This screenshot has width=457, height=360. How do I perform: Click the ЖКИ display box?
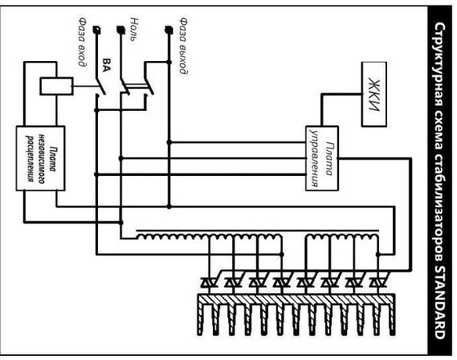(374, 94)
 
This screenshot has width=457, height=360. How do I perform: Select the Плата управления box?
(322, 158)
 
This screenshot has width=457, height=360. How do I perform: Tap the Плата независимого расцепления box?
(40, 158)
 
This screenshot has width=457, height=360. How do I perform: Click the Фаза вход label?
(83, 42)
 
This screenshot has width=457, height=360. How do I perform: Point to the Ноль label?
(134, 29)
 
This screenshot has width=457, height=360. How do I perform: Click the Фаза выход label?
(183, 46)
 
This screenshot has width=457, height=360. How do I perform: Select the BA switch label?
(107, 65)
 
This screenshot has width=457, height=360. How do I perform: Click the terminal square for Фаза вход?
(96, 30)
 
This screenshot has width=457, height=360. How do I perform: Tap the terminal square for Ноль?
(121, 30)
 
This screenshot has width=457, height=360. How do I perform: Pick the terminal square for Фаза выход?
(169, 30)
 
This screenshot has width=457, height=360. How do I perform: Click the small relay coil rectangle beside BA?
(56, 86)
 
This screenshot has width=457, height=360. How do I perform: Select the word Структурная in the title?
(439, 65)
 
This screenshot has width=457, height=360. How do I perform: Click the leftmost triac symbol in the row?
(209, 283)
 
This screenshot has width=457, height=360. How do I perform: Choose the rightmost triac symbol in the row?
(378, 283)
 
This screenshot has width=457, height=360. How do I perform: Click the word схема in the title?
(439, 130)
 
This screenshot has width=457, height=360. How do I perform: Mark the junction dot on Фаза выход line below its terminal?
(169, 62)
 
